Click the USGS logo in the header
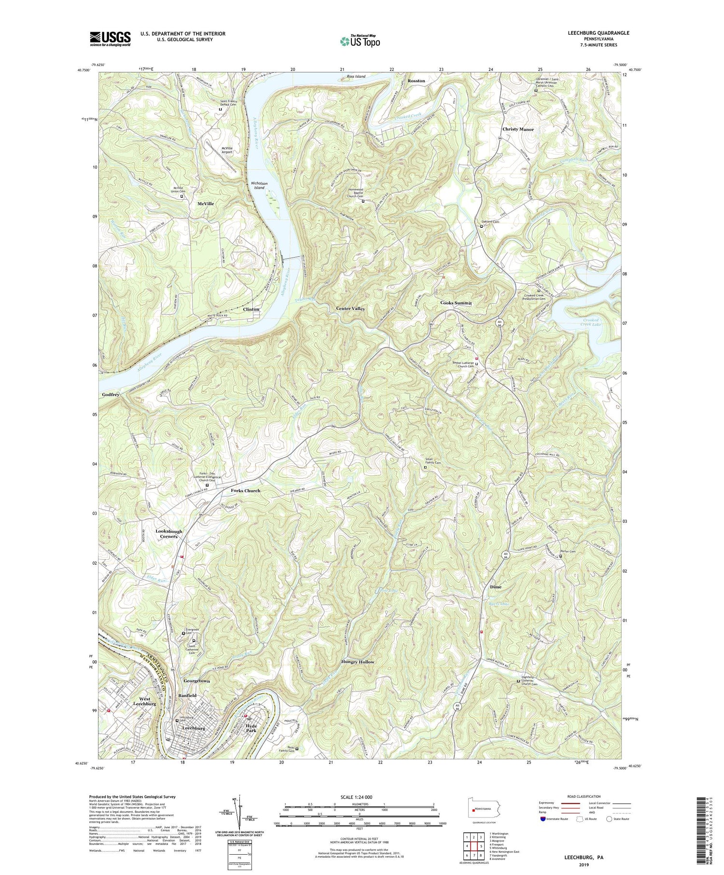[x=110, y=38]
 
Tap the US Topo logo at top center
[x=360, y=41]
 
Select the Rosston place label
[x=416, y=81]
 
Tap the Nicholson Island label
[x=259, y=185]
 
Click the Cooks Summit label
[x=456, y=303]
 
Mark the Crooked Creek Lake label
[x=590, y=322]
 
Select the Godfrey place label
[x=111, y=394]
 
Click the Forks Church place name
[x=242, y=490]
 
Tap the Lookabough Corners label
[x=167, y=534]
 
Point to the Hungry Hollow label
[x=358, y=662]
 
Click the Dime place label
[x=495, y=587]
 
